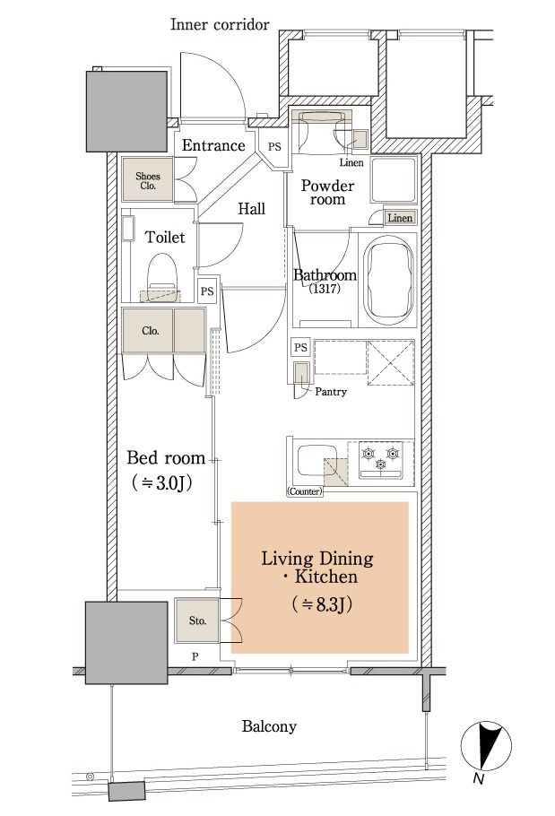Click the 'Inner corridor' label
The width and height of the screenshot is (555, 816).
point(220,24)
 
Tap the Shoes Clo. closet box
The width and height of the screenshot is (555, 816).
point(147,179)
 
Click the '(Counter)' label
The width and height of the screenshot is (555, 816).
point(304,490)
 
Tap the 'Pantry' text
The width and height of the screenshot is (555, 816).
point(331,391)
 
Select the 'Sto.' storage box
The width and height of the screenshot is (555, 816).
point(197,621)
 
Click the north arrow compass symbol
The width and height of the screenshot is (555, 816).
point(486,746)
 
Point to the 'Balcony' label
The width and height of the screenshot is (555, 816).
point(269,726)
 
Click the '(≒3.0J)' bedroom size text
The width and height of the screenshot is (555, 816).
point(161,483)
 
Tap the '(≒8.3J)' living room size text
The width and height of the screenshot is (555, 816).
point(322,603)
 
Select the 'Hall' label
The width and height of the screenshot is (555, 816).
point(252,209)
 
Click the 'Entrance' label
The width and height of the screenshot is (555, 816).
point(213,145)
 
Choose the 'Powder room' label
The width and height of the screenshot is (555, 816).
point(327,192)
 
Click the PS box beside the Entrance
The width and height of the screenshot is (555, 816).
point(274,147)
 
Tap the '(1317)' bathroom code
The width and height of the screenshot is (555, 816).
point(325,289)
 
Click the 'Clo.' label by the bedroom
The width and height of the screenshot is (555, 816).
point(151,331)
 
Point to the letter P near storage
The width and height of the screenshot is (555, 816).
point(195,656)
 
